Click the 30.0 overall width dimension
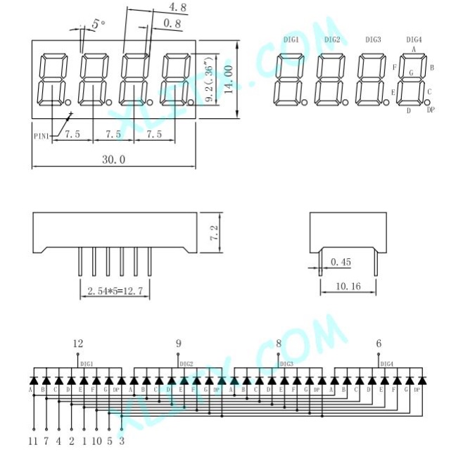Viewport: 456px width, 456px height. coord(113,160)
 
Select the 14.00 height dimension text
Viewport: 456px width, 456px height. coord(228,81)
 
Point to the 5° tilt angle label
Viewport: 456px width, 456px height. coord(97,25)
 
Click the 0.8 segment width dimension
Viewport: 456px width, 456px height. coord(171,24)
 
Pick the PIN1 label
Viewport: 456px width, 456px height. coord(42,134)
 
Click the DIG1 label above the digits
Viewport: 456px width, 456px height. coord(291,39)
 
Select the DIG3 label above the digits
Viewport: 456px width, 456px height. coord(373,39)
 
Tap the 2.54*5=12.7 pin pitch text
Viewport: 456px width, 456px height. coord(116,291)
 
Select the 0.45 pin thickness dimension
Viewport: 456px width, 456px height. coord(341,262)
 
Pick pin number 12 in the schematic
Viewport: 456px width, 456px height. coord(77,343)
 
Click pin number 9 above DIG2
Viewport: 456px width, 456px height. coord(178,343)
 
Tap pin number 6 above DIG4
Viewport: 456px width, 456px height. coord(379,343)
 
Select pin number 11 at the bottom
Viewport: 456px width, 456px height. coord(32,441)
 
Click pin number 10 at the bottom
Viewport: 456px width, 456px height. coord(96,441)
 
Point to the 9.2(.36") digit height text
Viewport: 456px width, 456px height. coord(209,80)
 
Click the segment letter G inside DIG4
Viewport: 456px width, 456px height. coord(411,72)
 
